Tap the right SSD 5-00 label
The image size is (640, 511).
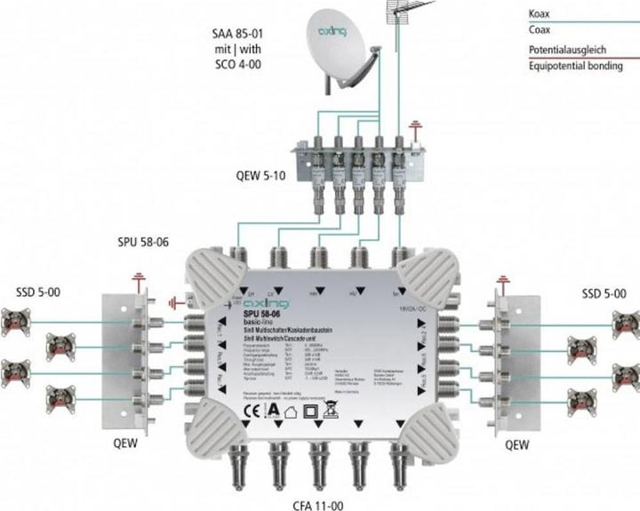[602, 293]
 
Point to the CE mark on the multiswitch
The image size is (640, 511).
[227, 411]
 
